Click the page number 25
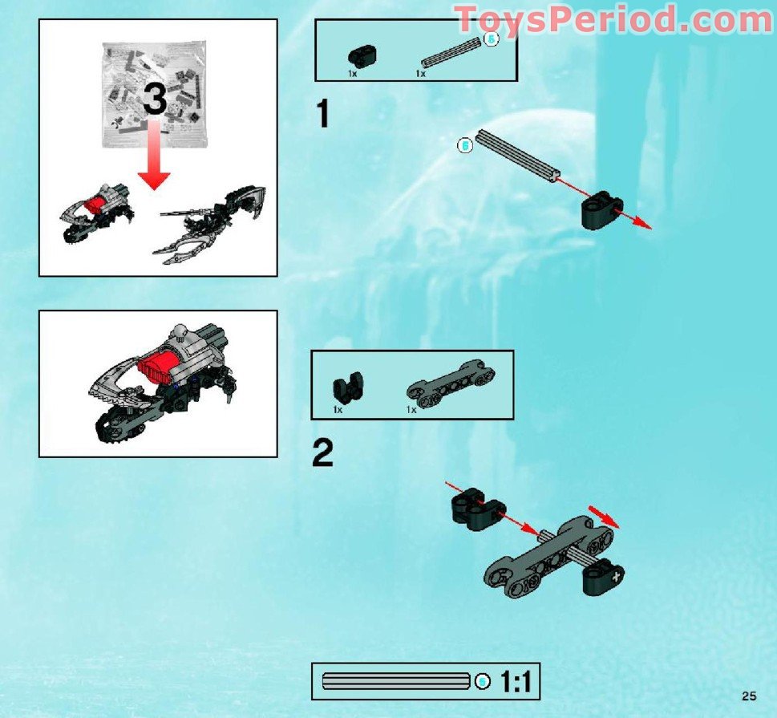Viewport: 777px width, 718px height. pos(750,696)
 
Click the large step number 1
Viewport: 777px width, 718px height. pos(323,115)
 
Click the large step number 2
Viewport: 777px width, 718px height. pos(322,455)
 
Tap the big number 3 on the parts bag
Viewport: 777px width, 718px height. pos(156,100)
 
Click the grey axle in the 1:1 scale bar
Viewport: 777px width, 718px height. pos(395,682)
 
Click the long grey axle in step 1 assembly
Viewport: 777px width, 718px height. pos(516,156)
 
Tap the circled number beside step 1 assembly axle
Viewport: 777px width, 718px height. pos(463,146)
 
